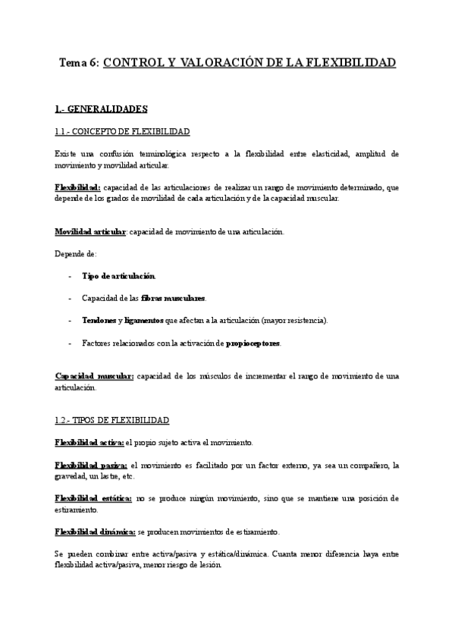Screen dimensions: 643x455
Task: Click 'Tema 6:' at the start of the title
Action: [78, 63]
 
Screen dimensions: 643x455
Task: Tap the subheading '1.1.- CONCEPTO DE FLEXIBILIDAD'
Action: [122, 132]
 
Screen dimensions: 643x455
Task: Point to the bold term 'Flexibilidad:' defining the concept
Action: [77, 187]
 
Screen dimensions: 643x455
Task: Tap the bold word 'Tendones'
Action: [99, 321]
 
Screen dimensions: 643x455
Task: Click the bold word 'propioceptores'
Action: [253, 343]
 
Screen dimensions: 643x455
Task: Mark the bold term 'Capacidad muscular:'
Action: [94, 376]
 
